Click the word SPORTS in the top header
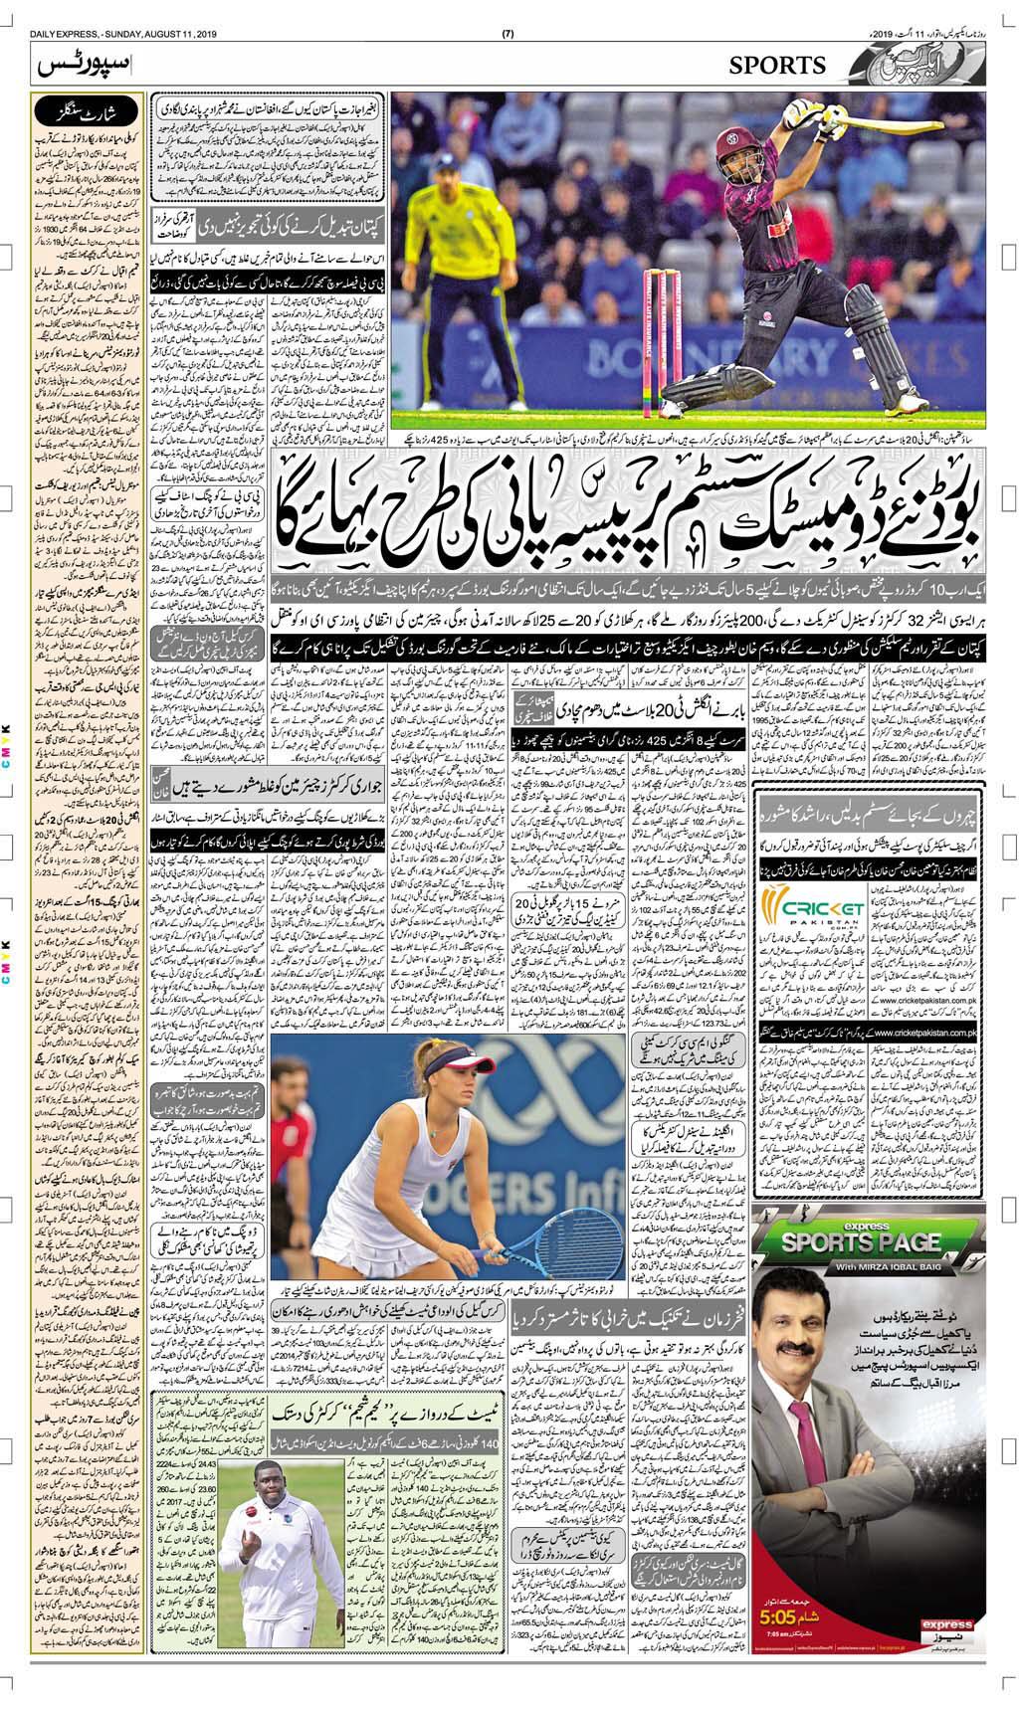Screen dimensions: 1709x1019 [x=777, y=66]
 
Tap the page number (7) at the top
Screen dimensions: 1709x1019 [x=509, y=10]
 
